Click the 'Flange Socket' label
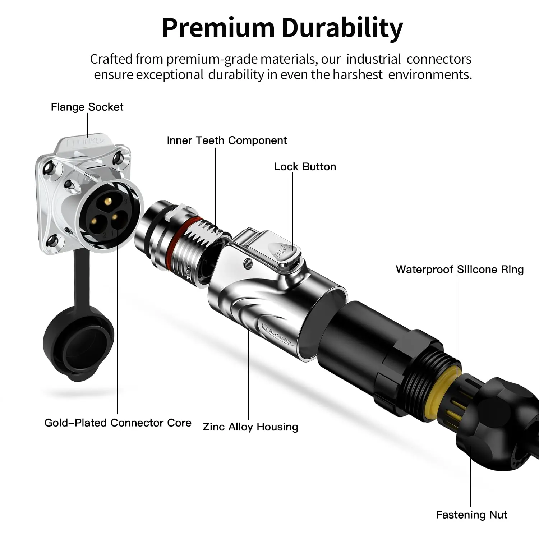tap(87, 107)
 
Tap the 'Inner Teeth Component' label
tap(227, 140)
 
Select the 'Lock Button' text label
tap(305, 167)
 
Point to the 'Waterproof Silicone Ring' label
tap(460, 270)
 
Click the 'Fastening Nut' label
tap(471, 515)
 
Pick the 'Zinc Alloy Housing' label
tap(250, 427)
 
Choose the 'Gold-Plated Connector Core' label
tap(118, 423)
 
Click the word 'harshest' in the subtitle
tap(358, 75)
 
